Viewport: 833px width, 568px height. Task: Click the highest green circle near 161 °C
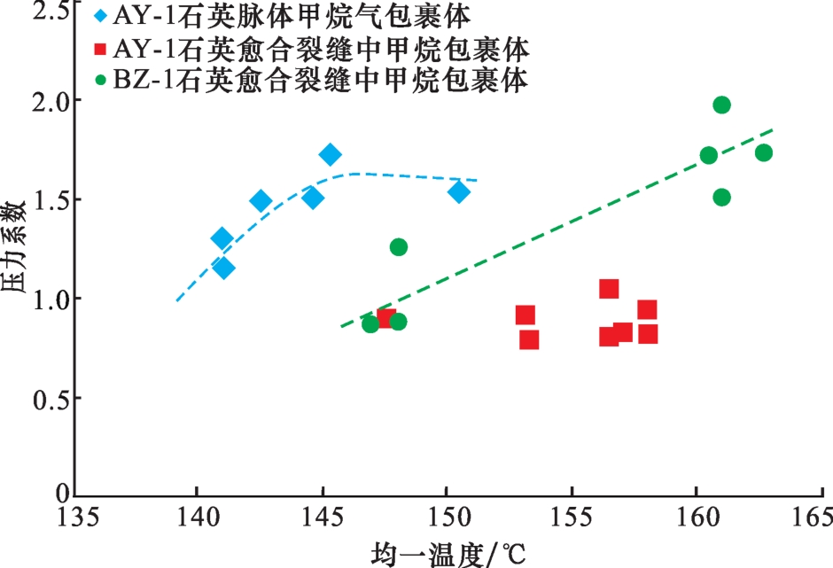click(x=721, y=105)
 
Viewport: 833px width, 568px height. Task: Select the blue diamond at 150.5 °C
click(x=459, y=191)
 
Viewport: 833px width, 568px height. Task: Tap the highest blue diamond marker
click(x=331, y=155)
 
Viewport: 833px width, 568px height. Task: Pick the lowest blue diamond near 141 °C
click(x=223, y=268)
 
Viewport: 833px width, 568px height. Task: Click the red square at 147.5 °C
click(x=386, y=318)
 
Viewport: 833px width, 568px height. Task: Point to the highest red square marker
click(x=609, y=288)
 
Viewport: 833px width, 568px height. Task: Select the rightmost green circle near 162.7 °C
click(x=764, y=152)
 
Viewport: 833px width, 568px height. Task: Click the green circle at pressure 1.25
click(x=399, y=246)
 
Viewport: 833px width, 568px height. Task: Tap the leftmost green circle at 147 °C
click(x=370, y=323)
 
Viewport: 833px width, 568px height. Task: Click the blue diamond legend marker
click(x=100, y=15)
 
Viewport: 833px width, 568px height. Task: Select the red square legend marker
click(x=100, y=47)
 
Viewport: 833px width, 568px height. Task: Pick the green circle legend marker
click(x=100, y=80)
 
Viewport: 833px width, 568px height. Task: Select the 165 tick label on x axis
click(x=812, y=517)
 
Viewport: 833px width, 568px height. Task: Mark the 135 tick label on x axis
click(x=74, y=517)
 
